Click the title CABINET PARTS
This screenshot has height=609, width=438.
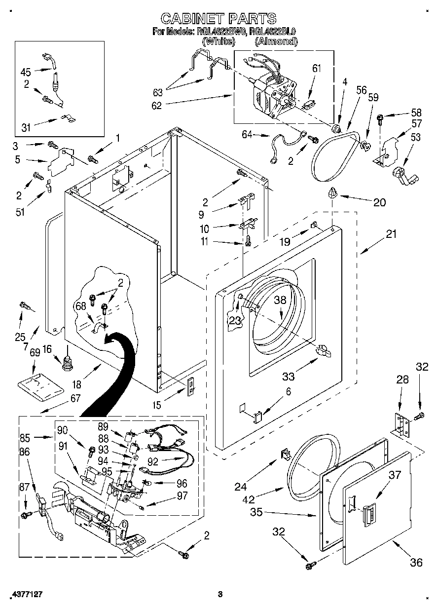tap(219, 18)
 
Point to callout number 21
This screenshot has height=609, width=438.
tap(391, 234)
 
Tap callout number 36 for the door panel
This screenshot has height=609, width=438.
tap(416, 562)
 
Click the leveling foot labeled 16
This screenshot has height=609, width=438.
tap(66, 364)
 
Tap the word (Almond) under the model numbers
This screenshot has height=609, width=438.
tap(276, 42)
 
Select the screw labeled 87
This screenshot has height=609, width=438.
tap(24, 515)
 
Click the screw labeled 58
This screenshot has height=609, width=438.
tap(381, 117)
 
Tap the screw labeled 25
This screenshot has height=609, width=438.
tap(23, 306)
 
